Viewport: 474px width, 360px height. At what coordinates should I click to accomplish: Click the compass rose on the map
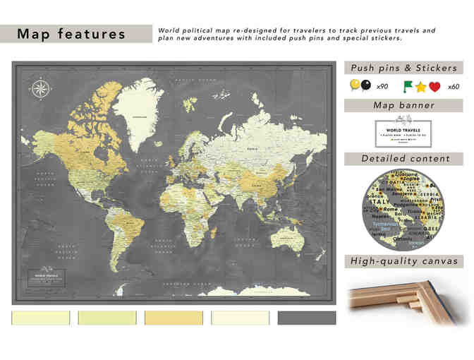[40, 89]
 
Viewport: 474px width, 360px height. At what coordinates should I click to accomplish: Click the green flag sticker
[408, 85]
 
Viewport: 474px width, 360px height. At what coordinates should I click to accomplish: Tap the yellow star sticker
[421, 87]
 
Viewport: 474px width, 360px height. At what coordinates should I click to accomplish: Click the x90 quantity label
[382, 87]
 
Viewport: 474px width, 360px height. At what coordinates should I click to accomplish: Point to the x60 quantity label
[454, 87]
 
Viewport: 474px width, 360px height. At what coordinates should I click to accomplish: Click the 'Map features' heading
[71, 34]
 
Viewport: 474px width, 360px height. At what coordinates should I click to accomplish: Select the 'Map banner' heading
[403, 106]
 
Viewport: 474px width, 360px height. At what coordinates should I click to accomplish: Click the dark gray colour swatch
[307, 318]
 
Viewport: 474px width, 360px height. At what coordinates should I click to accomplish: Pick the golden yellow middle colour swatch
[174, 318]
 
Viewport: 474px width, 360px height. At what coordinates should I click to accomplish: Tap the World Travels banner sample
[403, 133]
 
